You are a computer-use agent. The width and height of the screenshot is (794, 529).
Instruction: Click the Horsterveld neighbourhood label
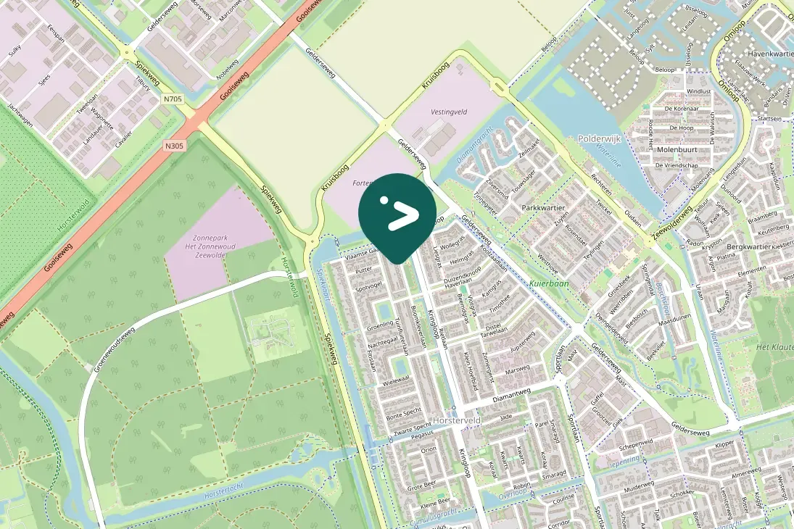pyautogui.click(x=456, y=420)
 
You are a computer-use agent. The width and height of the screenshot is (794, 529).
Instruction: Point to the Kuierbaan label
pyautogui.click(x=549, y=283)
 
